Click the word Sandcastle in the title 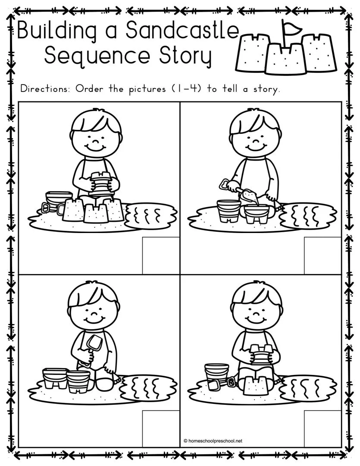pyautogui.click(x=182, y=30)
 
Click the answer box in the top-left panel pyautogui.click(x=161, y=255)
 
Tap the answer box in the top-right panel pyautogui.click(x=322, y=255)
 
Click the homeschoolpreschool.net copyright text pyautogui.click(x=213, y=441)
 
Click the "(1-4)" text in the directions pyautogui.click(x=188, y=88)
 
